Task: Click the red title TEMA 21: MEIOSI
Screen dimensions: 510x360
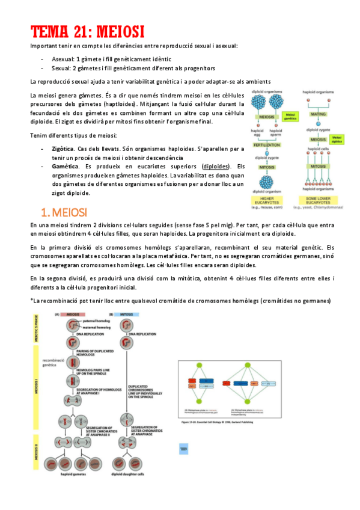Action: [x=88, y=31]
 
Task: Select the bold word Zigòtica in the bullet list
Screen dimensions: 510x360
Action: [x=59, y=148]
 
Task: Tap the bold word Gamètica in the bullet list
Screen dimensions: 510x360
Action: [x=61, y=167]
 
